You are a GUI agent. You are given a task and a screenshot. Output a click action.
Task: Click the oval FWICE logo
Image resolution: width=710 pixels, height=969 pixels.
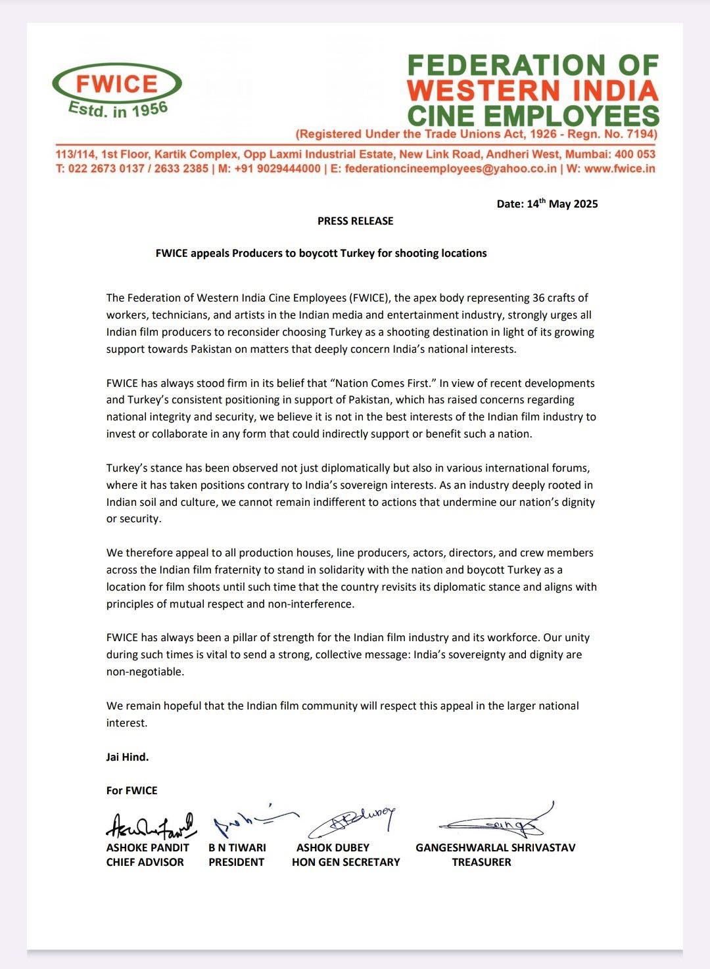coord(116,83)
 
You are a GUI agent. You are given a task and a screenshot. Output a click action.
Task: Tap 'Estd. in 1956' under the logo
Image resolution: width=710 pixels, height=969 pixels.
coord(119,110)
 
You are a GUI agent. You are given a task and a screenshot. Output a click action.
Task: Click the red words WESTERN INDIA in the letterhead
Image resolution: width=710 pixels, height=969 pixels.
coord(532,91)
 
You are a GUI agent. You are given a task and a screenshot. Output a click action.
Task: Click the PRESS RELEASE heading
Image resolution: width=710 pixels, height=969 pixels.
coord(355,221)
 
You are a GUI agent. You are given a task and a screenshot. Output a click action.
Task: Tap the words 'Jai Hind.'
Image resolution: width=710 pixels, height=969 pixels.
coord(128,757)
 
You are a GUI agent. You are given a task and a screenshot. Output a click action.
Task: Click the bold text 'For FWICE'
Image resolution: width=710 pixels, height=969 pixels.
coord(131,790)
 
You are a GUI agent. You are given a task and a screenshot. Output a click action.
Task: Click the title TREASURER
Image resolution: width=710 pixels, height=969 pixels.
coord(481,862)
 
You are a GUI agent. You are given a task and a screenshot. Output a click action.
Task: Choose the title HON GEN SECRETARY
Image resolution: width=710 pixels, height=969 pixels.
coord(346,862)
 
